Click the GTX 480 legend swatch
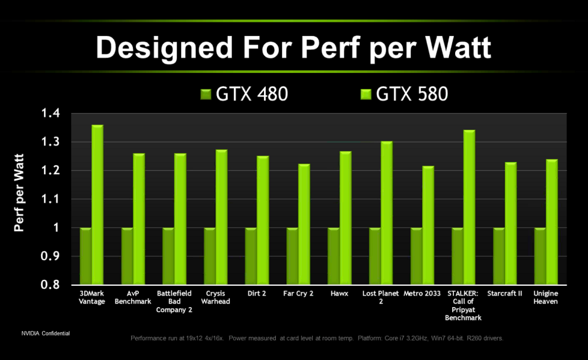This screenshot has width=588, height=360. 206,94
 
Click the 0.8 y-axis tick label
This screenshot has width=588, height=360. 51,285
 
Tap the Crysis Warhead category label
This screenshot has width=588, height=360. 218,297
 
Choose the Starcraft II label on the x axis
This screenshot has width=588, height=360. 505,294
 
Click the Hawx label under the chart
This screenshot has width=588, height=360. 339,294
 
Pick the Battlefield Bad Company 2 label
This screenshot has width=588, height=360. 175,301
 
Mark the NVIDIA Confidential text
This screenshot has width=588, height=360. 46,334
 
